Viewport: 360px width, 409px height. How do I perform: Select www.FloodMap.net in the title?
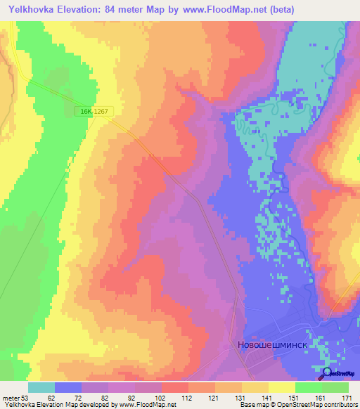point(220,10)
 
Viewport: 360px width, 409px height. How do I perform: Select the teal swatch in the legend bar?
point(41,387)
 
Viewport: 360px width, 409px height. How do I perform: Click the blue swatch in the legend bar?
point(68,387)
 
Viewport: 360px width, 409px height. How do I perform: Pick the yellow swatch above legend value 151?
point(282,387)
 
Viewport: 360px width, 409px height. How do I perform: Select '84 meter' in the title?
point(139,10)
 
